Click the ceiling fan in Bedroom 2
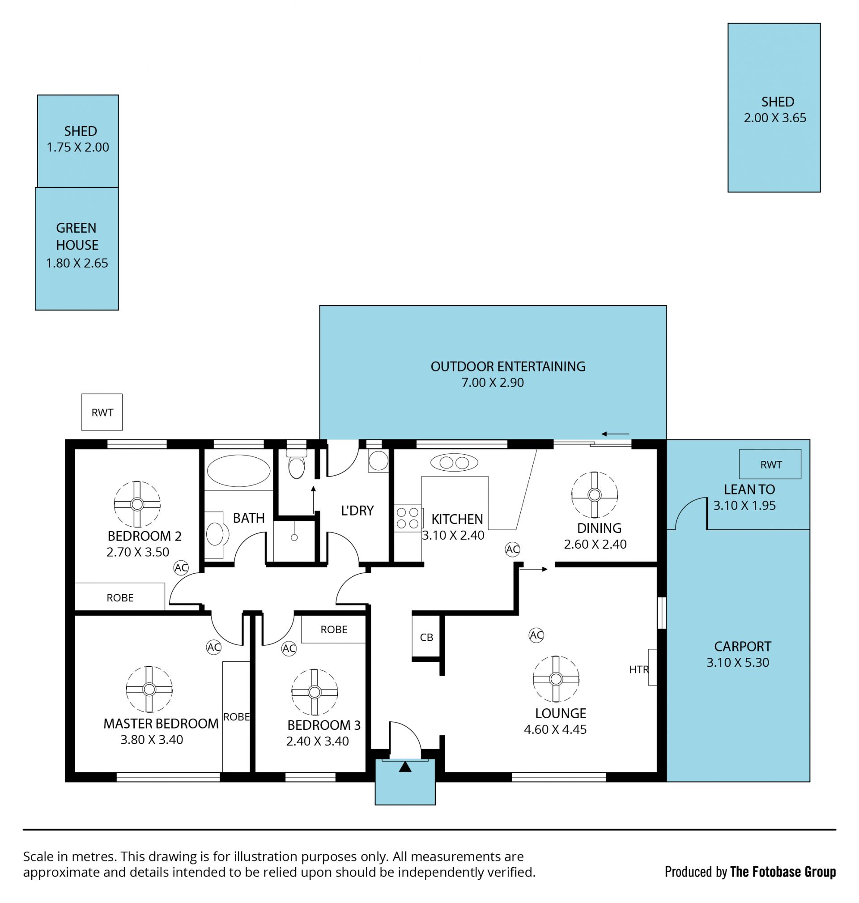click(137, 504)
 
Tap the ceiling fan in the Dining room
click(594, 495)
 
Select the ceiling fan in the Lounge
click(556, 679)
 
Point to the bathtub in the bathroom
click(238, 471)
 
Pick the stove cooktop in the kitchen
click(408, 518)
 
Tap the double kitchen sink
click(454, 463)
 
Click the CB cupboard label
click(426, 637)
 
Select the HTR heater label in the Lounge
click(639, 669)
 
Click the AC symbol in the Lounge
click(536, 635)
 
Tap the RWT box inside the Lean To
click(770, 464)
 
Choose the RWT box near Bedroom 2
click(102, 412)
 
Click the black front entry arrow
click(405, 767)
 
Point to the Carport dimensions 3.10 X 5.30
click(738, 662)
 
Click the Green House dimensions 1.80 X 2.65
click(77, 263)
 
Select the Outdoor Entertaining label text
click(508, 366)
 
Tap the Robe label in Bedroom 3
click(334, 630)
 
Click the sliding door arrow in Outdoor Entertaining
click(616, 434)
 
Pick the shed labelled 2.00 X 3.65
click(774, 107)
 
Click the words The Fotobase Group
click(783, 871)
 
